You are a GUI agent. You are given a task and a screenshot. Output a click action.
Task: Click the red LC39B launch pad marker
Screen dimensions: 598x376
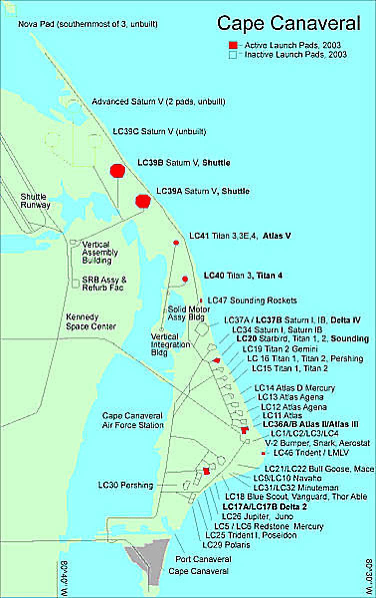[x=117, y=170]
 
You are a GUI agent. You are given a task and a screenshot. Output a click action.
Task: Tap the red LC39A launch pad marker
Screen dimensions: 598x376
[x=143, y=201]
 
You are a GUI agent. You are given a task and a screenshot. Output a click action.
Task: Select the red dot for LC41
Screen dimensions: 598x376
[x=176, y=243]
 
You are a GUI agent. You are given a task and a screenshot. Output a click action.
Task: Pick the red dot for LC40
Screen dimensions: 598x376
[x=185, y=279]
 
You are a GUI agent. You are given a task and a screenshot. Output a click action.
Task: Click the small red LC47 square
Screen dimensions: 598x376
[x=201, y=300]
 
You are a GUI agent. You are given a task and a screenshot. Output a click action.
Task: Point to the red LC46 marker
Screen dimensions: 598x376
[x=263, y=453]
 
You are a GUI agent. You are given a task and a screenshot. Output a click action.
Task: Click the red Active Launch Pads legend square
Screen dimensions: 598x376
[x=231, y=45]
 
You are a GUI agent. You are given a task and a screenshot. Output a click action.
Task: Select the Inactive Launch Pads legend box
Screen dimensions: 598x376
[x=231, y=54]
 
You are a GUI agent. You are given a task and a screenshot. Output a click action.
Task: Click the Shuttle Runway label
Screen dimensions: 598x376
[x=35, y=201]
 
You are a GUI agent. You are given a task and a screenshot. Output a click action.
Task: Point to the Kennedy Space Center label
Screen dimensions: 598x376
[x=91, y=322]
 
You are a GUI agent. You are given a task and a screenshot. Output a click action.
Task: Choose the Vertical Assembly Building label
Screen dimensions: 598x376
[x=100, y=253]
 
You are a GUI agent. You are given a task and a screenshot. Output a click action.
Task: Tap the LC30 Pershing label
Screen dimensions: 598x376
[x=132, y=485]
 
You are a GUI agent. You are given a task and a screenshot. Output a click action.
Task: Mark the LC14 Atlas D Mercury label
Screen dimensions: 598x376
[x=294, y=388]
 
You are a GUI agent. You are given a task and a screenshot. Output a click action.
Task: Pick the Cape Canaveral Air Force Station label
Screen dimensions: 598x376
[x=132, y=420]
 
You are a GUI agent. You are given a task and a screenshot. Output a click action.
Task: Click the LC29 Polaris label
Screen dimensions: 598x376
[x=226, y=545]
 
